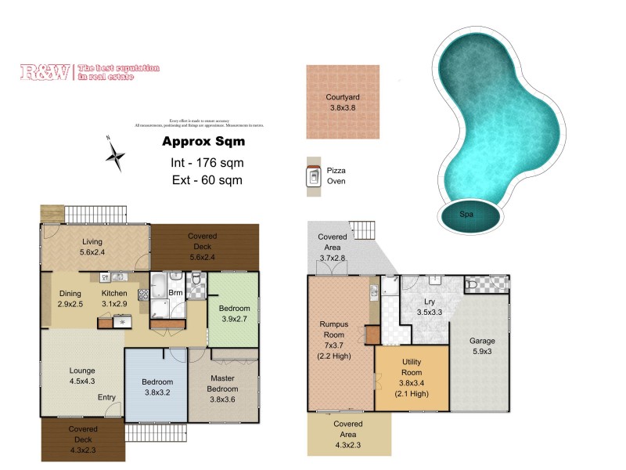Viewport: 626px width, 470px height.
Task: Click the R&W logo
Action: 46,73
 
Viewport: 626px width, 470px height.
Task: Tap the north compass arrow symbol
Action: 116,154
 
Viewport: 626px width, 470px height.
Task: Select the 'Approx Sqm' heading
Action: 203,142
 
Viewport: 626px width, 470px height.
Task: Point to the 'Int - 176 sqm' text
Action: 207,163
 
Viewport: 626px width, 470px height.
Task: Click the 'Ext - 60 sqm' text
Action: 207,180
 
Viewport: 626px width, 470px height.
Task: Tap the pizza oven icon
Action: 313,177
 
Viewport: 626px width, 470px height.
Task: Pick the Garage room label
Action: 482,347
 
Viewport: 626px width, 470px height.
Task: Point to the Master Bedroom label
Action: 222,385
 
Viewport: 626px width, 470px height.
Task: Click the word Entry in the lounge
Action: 107,397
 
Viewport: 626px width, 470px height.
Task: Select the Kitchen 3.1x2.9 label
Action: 114,299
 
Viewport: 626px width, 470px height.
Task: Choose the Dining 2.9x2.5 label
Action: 70,299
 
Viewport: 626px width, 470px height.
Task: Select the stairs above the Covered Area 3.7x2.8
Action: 362,230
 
